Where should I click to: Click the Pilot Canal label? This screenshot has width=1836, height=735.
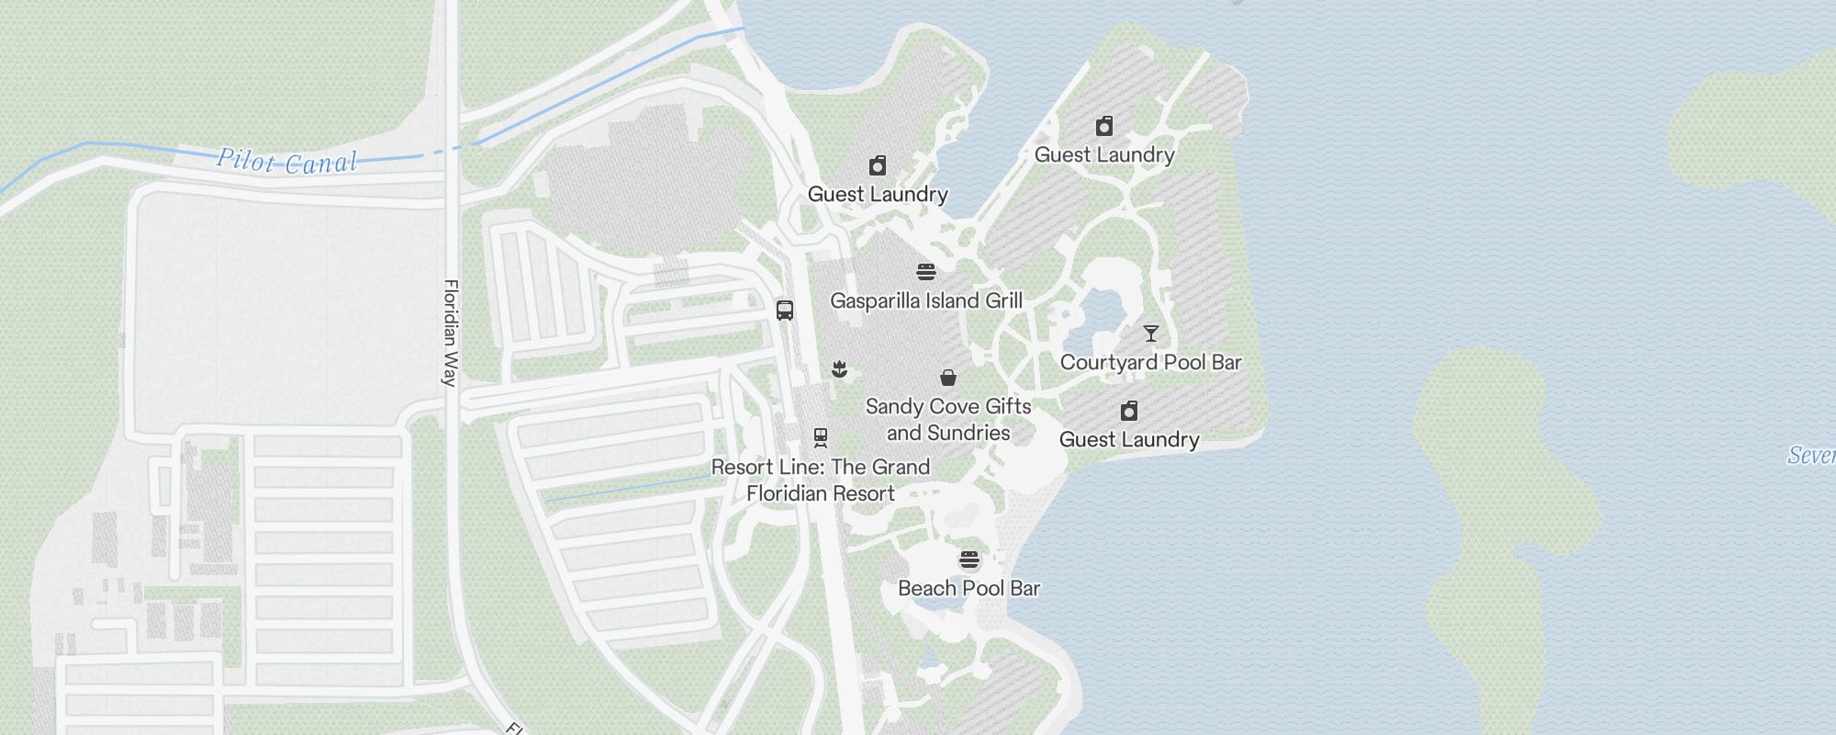point(286,162)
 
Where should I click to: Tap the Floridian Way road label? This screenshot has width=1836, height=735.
point(450,333)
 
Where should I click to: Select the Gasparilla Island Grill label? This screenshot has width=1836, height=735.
point(925,300)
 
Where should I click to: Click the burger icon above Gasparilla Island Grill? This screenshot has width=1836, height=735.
point(925,272)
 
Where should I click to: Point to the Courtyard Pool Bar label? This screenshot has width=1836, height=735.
point(1150,362)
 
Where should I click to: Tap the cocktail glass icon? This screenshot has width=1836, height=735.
point(1150,334)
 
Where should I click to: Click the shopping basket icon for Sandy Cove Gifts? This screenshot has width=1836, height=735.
point(948,378)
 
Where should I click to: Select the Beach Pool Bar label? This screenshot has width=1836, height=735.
point(968,588)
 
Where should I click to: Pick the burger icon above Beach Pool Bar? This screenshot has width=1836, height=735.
point(969,560)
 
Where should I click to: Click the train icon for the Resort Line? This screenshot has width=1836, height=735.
point(821,437)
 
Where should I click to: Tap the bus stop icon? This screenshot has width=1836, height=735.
point(785,311)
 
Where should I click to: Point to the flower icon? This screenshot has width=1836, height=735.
point(838,369)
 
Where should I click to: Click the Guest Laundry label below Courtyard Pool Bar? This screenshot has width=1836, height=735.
point(1129,439)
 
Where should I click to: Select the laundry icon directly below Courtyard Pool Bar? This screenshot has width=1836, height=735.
point(1129,411)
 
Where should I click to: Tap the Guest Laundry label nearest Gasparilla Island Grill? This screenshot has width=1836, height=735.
point(878,194)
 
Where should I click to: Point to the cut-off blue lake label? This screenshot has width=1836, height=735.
point(1811,455)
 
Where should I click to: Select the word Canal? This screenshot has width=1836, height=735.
point(320,164)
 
